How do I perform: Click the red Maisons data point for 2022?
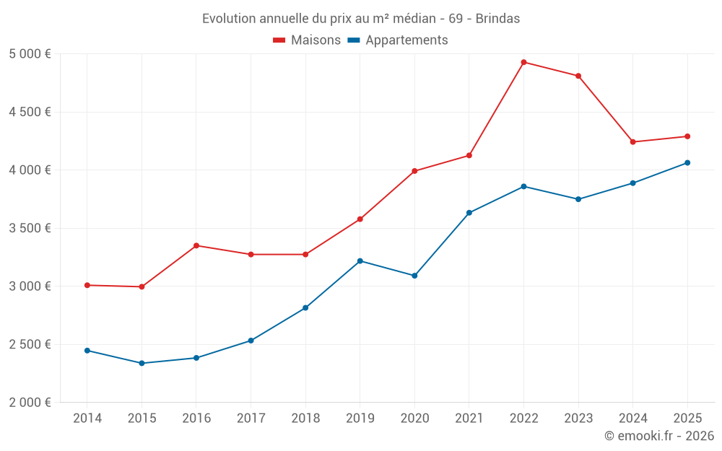pyautogui.click(x=523, y=62)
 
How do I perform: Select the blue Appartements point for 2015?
pyautogui.click(x=142, y=363)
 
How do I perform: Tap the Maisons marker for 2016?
pyautogui.click(x=196, y=245)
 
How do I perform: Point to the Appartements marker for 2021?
pyautogui.click(x=469, y=213)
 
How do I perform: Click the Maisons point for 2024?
pyautogui.click(x=632, y=142)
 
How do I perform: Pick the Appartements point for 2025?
pyautogui.click(x=687, y=163)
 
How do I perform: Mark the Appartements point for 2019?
pyautogui.click(x=360, y=260)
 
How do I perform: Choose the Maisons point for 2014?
pyautogui.click(x=87, y=285)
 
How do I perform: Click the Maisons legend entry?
pyautogui.click(x=307, y=40)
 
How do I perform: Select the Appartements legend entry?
pyautogui.click(x=398, y=40)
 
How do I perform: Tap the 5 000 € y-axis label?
pyautogui.click(x=30, y=54)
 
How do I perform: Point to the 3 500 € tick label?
pyautogui.click(x=30, y=228)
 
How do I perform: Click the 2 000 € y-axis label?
pyautogui.click(x=30, y=403)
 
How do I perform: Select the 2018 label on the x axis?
pyautogui.click(x=305, y=418)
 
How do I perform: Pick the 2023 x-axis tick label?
pyautogui.click(x=578, y=418)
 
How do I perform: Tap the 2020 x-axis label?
pyautogui.click(x=414, y=418)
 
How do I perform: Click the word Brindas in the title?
pyautogui.click(x=497, y=19)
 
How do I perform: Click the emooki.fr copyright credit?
pyautogui.click(x=659, y=436)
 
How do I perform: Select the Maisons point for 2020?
pyautogui.click(x=414, y=171)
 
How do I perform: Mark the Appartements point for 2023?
pyautogui.click(x=578, y=199)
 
